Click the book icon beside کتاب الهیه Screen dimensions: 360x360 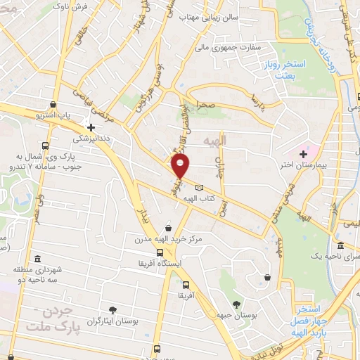click(x=200, y=187)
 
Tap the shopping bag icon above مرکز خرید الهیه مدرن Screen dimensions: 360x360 click(x=168, y=228)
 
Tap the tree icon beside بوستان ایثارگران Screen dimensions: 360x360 click(x=112, y=309)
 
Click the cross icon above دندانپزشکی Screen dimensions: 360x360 click(x=91, y=127)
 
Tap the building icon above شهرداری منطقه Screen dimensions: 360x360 click(x=37, y=258)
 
